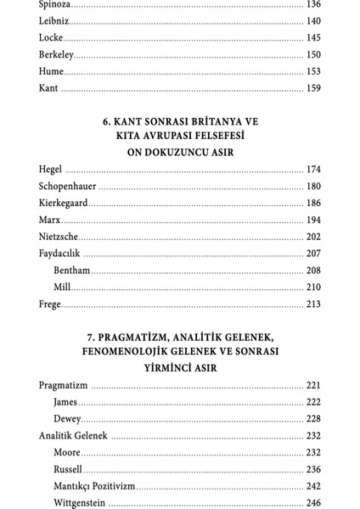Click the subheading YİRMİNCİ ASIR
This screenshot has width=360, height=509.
point(179,366)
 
